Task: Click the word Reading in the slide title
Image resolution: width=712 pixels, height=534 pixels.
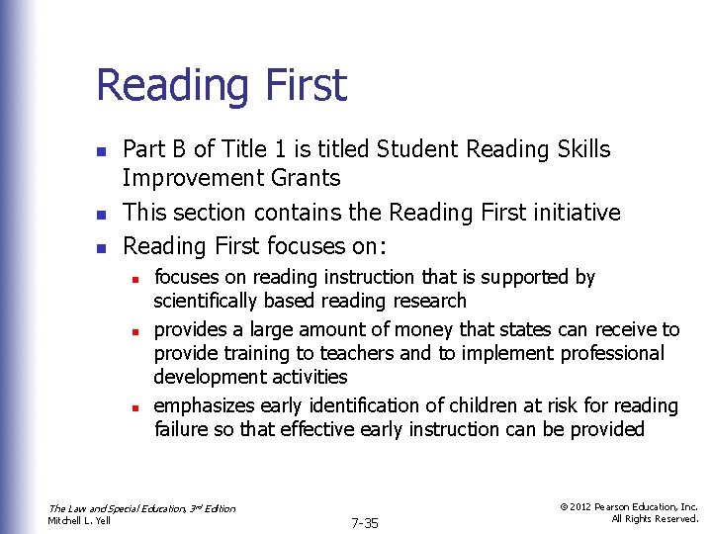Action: pos(173,85)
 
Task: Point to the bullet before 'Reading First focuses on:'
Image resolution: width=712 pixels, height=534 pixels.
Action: pos(100,246)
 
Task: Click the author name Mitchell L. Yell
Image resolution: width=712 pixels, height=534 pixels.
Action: pos(80,520)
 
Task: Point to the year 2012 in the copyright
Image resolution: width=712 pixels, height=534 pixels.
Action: pos(582,506)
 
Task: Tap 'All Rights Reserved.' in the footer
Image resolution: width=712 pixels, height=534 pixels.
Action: pos(655,519)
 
